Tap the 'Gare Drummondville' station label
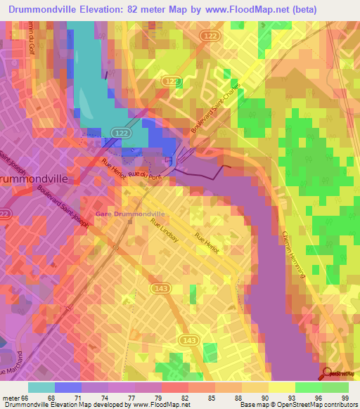(x=130, y=214)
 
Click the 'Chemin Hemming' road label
(x=293, y=254)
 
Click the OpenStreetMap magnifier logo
(x=327, y=374)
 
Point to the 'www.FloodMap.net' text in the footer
(x=151, y=405)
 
